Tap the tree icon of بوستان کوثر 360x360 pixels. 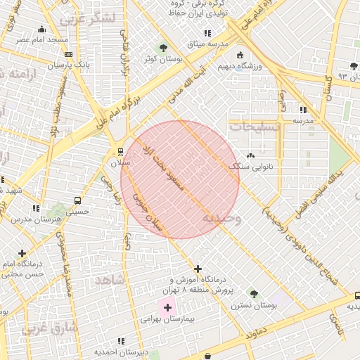coord(163,48)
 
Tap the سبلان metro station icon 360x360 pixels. coord(120,152)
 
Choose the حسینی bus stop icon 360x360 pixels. coord(77,200)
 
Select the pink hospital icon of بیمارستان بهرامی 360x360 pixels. coord(167,307)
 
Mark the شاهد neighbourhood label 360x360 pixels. coord(109,281)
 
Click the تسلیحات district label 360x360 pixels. coord(255,127)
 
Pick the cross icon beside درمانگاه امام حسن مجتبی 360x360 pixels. coord(22,253)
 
